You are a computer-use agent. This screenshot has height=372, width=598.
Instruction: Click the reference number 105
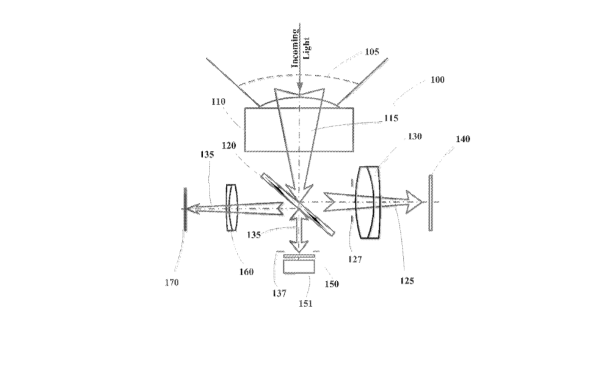[372, 51]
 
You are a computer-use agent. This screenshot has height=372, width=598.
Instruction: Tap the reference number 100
[437, 80]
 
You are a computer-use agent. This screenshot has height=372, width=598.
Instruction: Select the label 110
[218, 102]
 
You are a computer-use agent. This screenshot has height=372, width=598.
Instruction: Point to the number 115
[391, 118]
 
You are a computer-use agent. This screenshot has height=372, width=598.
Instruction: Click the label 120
[229, 145]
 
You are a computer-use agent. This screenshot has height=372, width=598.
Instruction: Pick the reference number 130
[415, 136]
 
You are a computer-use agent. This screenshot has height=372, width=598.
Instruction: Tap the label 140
[462, 139]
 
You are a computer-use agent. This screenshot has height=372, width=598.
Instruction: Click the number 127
[355, 259]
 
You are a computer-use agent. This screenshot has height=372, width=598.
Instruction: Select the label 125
[407, 281]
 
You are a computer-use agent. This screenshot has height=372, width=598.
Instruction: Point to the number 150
[332, 284]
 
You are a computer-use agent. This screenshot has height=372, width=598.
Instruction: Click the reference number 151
[305, 303]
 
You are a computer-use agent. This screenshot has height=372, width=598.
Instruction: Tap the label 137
[279, 293]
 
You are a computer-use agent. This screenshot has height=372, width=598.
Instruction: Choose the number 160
[246, 272]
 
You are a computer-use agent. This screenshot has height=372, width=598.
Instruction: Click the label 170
[172, 283]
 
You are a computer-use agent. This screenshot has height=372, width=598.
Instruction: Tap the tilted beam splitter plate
[298, 204]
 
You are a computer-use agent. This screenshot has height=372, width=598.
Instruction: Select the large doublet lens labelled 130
[368, 203]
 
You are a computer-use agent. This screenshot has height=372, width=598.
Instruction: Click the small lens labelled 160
[232, 208]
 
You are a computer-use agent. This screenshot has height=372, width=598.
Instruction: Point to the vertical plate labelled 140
[431, 203]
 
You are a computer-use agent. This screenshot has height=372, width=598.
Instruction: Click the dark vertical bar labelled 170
[185, 209]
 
